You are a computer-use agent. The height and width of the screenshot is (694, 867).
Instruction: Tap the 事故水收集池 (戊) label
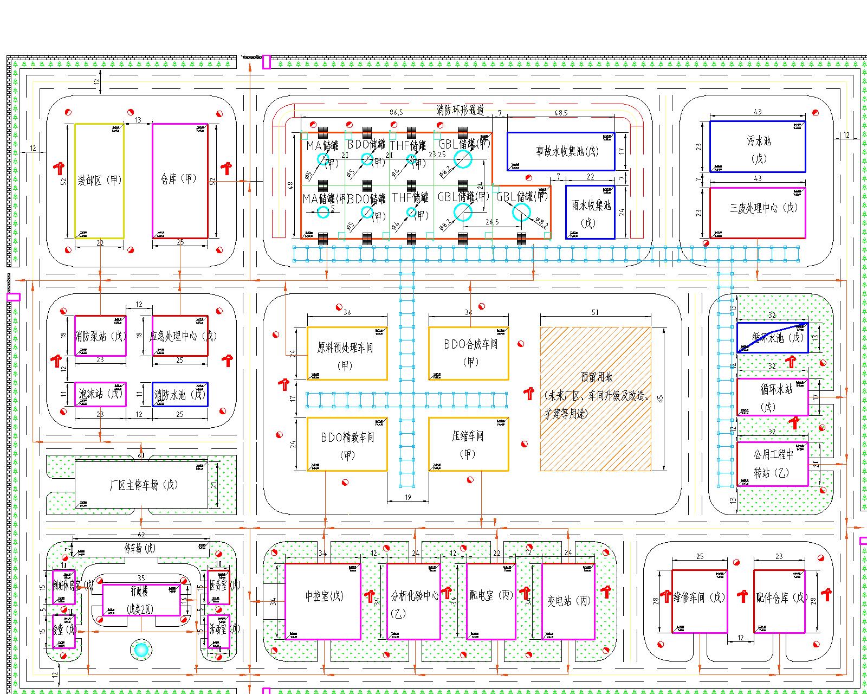[x=561, y=151]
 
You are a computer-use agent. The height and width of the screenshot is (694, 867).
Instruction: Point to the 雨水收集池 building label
[x=591, y=206]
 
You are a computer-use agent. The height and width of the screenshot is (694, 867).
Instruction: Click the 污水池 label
[x=758, y=142]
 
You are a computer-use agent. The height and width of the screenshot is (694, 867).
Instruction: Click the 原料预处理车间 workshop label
[x=345, y=348]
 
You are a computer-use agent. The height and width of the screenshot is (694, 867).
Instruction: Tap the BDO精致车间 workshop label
[x=347, y=437]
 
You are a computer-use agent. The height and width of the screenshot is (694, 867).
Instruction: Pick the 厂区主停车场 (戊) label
[x=143, y=485]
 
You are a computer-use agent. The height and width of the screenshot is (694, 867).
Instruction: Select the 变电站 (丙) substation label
[x=568, y=601]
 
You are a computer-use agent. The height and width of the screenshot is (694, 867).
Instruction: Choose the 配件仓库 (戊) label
[x=782, y=598]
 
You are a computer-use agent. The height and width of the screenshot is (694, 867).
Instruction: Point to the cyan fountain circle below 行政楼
[x=141, y=649]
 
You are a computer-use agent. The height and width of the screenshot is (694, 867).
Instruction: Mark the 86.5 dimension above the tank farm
[x=397, y=113]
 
